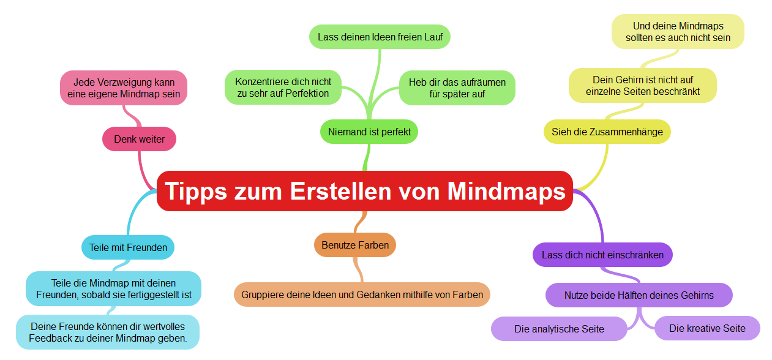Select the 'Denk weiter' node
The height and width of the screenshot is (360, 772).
tap(139, 139)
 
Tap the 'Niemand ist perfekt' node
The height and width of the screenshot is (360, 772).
tap(369, 132)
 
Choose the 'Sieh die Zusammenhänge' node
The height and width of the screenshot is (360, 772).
tap(607, 132)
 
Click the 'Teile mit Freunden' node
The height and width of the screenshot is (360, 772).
tap(128, 247)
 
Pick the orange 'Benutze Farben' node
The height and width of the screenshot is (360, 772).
tap(355, 245)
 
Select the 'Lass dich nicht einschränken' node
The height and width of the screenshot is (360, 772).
tap(602, 255)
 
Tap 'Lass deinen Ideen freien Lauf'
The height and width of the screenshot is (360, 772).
tap(380, 37)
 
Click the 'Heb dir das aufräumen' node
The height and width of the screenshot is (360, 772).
tap(457, 88)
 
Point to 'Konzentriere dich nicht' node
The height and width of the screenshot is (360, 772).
tap(283, 88)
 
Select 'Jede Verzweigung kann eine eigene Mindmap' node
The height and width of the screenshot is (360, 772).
tap(124, 88)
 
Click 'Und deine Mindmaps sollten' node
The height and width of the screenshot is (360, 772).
tap(678, 32)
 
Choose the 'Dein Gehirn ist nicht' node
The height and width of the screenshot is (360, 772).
tap(642, 86)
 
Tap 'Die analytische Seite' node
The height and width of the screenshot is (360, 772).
tap(559, 329)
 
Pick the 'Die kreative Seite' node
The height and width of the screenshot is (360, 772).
tap(707, 328)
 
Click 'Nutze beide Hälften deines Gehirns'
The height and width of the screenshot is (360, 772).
tap(639, 295)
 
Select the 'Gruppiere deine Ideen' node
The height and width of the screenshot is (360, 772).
tap(362, 294)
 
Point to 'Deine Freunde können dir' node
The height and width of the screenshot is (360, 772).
tap(108, 332)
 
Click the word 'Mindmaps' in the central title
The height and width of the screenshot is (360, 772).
tap(506, 191)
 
